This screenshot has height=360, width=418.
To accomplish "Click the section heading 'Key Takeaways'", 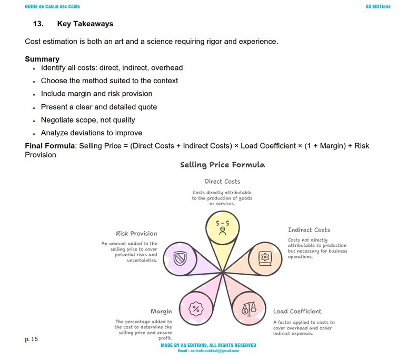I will (x=85, y=24).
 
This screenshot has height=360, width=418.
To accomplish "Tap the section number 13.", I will (x=38, y=24).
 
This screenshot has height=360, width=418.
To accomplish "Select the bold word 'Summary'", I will (x=42, y=59).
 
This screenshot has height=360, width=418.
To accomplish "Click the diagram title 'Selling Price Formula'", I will (x=222, y=165).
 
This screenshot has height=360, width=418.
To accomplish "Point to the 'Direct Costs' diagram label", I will (x=222, y=182).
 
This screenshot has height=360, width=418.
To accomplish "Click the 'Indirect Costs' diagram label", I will (x=309, y=230).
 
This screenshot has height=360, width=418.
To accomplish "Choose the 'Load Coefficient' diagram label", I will (x=297, y=311).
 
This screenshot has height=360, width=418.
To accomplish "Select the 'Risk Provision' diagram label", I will (x=136, y=234).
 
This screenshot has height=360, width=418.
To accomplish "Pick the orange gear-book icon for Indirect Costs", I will (x=265, y=258).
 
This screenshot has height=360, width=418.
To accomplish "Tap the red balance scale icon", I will (x=248, y=308).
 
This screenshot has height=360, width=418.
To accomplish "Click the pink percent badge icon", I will (x=195, y=308).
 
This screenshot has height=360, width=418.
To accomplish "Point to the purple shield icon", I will (x=180, y=258).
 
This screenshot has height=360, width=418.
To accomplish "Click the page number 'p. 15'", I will (x=31, y=339).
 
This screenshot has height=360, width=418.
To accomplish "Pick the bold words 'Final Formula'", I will (x=51, y=146).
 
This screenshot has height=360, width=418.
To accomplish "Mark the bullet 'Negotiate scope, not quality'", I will (x=87, y=119).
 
